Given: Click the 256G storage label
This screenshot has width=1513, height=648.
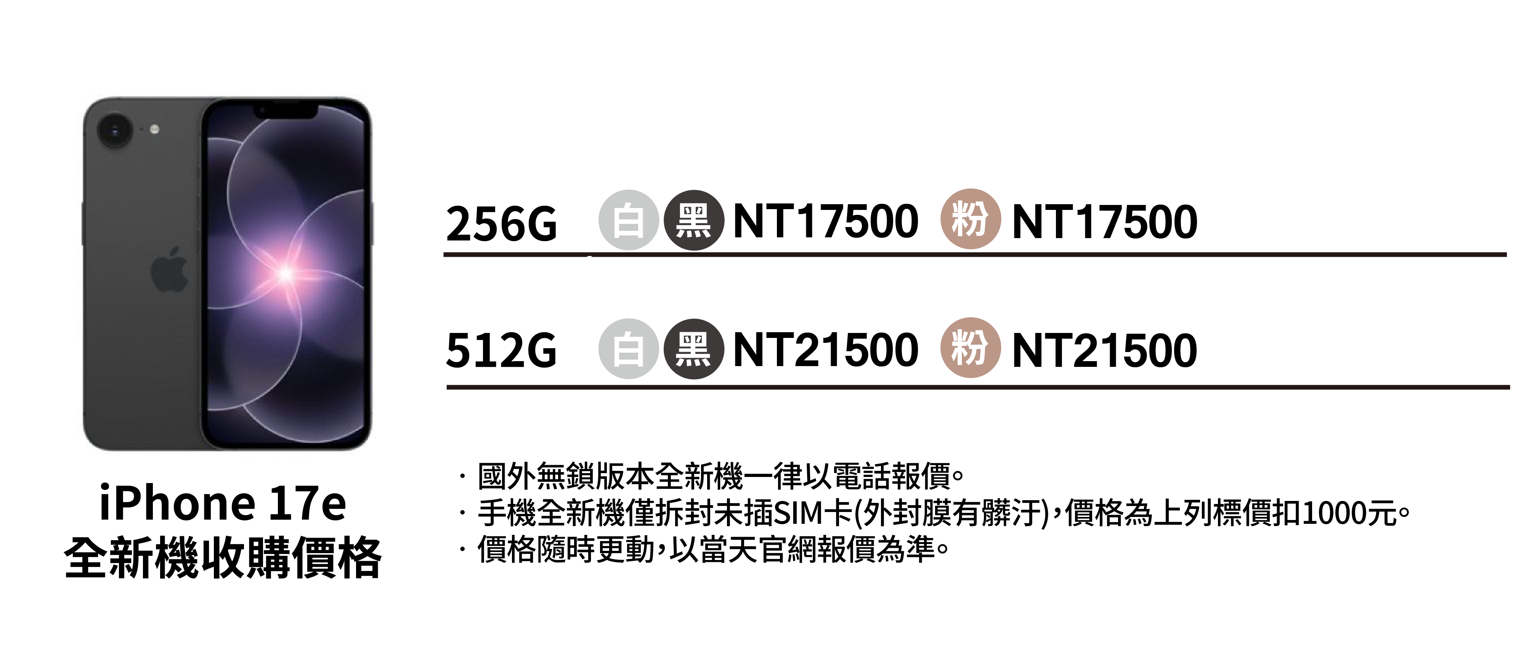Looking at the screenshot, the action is point(501,224).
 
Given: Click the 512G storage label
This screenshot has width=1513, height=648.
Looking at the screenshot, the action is point(501,350).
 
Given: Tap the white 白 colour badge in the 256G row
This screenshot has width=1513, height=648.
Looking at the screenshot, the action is point(628,221).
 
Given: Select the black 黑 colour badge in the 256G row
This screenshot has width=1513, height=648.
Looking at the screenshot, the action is point(693,221).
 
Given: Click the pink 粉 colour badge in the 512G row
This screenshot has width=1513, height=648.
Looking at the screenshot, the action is point(970,347).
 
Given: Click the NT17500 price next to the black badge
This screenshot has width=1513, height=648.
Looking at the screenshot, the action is point(825,222).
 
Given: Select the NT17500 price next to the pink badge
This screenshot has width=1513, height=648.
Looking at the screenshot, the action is point(1104,222).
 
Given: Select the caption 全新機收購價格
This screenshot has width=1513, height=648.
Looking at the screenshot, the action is point(223,558).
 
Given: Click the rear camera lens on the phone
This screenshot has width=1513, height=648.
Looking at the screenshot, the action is point(114,130).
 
